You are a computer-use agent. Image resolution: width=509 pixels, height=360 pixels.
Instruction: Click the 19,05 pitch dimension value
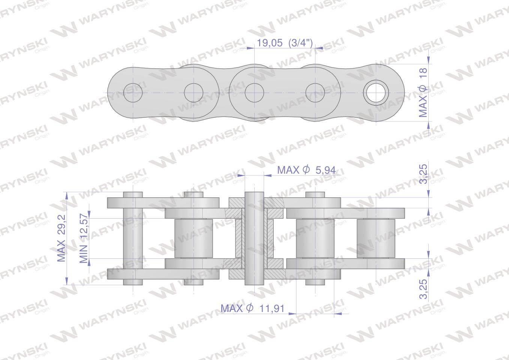pos(270,43)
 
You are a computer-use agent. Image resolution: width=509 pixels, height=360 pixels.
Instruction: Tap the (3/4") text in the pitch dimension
pos(300,43)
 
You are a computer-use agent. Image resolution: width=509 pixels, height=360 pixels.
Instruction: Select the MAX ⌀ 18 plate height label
pos(423,93)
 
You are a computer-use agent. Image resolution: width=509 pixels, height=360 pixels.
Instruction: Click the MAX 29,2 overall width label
pos(61,238)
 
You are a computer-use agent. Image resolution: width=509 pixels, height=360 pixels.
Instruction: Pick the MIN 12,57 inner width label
pos(84,238)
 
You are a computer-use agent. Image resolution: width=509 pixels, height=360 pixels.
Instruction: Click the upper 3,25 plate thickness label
pos(423,174)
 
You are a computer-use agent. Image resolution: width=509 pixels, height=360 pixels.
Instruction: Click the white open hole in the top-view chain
pos(376,93)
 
